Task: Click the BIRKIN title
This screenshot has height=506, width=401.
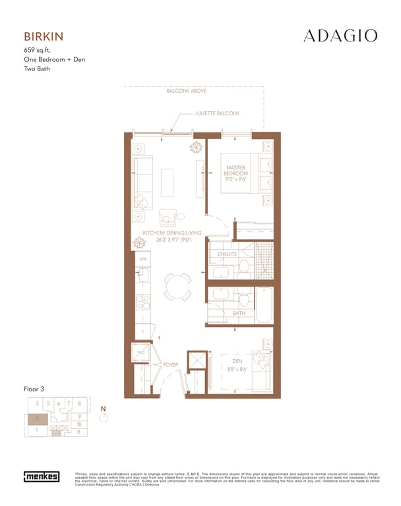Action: (x=44, y=36)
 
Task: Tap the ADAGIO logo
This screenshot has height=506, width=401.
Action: (x=340, y=36)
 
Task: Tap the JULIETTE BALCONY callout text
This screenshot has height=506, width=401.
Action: (x=217, y=114)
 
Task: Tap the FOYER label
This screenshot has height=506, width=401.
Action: (x=171, y=364)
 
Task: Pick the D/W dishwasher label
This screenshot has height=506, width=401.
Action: (x=142, y=259)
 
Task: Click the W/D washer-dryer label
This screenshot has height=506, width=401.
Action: (x=140, y=353)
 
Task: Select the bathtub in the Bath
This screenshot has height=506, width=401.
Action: (x=264, y=304)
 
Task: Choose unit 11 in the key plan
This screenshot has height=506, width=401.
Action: (x=79, y=432)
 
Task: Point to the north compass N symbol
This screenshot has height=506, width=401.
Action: (x=103, y=414)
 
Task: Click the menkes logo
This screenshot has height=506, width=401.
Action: (x=42, y=476)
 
